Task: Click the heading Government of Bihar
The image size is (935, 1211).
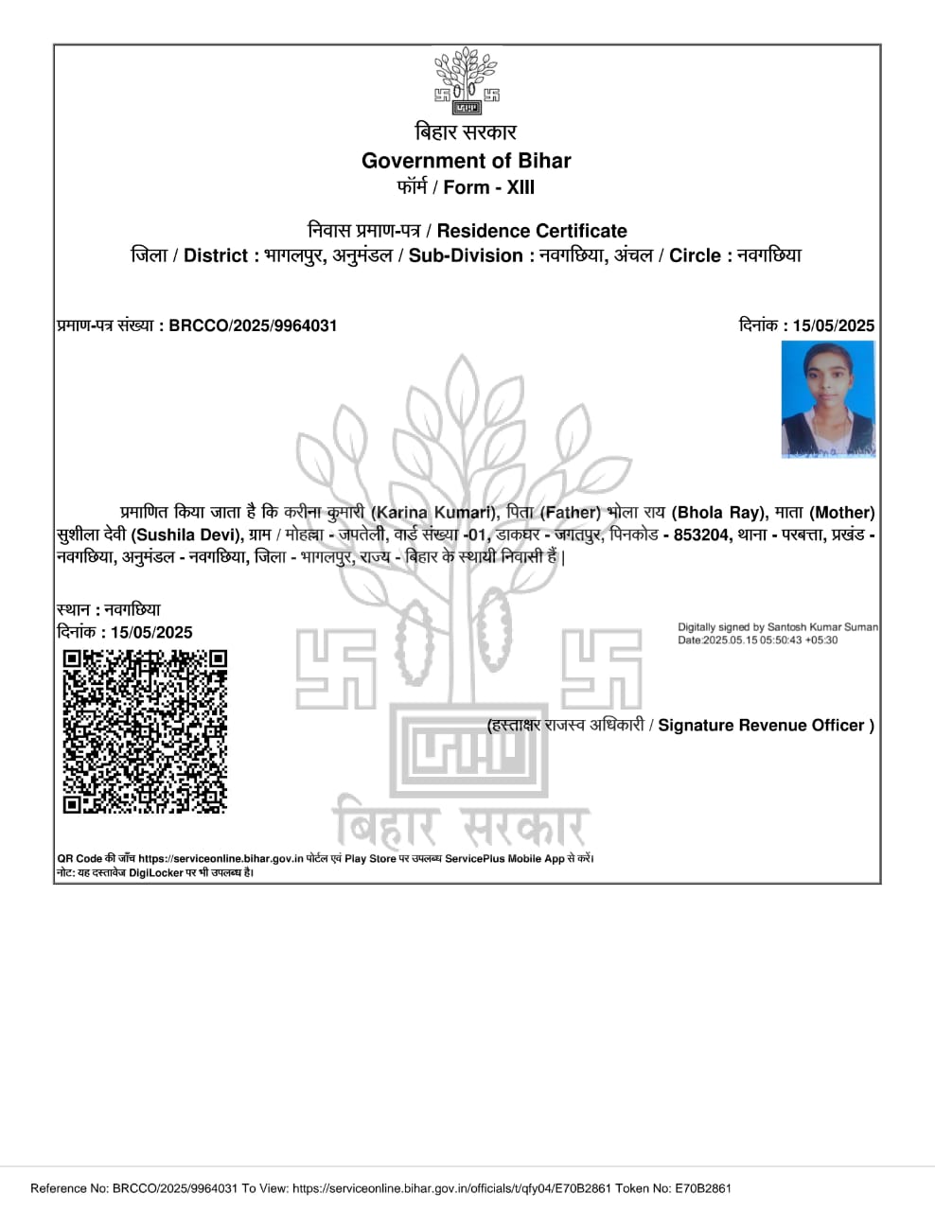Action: click(x=467, y=161)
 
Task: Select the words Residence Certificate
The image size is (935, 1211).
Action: click(x=532, y=231)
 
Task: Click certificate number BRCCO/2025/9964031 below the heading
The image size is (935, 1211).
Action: click(x=253, y=325)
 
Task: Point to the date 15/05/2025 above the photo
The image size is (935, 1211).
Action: click(x=834, y=325)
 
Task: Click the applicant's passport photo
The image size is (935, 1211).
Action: click(x=828, y=399)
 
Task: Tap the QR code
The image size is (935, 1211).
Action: click(x=145, y=731)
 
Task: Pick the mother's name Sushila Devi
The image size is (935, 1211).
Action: click(x=185, y=535)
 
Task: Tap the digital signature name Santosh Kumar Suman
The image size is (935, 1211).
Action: click(x=822, y=627)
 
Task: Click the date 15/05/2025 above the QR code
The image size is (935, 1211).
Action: click(x=151, y=633)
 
